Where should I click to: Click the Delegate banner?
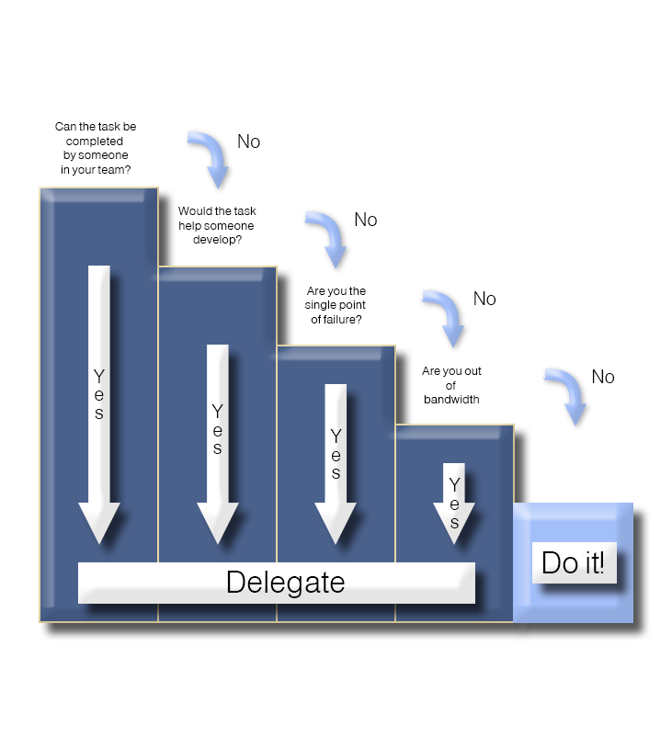(x=276, y=583)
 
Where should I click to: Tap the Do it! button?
(x=574, y=562)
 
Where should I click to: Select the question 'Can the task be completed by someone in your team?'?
(x=96, y=148)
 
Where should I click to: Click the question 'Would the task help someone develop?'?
(x=217, y=225)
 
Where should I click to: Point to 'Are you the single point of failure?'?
(x=336, y=305)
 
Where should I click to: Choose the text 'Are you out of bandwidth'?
(x=452, y=385)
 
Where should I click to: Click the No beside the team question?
(x=248, y=142)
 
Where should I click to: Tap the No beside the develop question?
(x=366, y=220)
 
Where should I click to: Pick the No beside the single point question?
(x=484, y=299)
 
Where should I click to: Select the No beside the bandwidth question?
(x=603, y=377)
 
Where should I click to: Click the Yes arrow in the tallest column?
(x=99, y=404)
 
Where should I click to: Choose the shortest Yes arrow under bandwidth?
(x=453, y=502)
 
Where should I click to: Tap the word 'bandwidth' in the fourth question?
(x=452, y=400)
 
